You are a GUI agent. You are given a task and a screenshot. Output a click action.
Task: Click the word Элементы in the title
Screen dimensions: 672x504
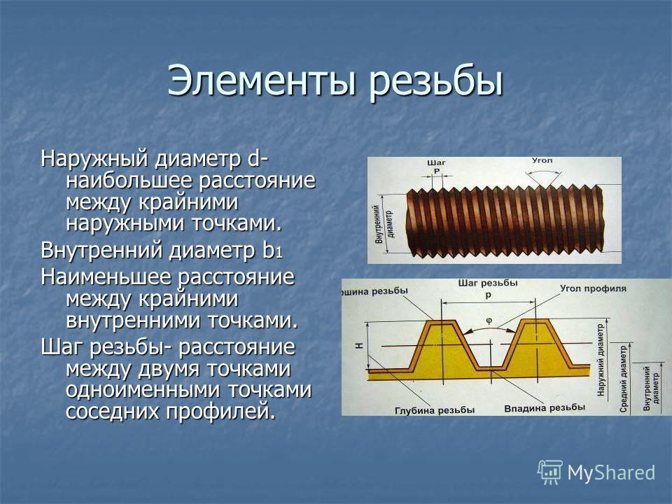click(x=261, y=80)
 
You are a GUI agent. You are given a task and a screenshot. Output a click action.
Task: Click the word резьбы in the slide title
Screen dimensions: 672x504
click(x=436, y=80)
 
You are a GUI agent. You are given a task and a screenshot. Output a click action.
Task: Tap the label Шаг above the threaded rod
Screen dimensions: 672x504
click(x=436, y=163)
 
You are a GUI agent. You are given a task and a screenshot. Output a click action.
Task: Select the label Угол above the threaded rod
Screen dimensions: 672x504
click(x=542, y=160)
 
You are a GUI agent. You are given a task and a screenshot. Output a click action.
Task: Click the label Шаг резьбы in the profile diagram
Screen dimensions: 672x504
click(x=488, y=283)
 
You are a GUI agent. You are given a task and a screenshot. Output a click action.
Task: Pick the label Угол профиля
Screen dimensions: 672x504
click(x=593, y=288)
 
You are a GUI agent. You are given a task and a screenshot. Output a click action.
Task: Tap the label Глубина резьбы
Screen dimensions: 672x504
click(x=435, y=410)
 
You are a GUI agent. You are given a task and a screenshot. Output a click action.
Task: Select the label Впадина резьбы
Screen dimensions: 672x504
click(x=545, y=408)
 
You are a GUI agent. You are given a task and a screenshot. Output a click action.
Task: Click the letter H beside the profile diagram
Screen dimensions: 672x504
click(x=359, y=345)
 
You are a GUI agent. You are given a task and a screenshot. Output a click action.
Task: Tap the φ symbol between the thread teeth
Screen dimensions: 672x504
click(x=489, y=320)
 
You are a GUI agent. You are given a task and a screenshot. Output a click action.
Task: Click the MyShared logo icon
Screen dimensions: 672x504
click(x=550, y=472)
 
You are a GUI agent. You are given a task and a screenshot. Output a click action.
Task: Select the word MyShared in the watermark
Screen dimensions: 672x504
click(x=611, y=473)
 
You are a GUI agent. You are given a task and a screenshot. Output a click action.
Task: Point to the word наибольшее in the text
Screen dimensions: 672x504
click(x=129, y=181)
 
